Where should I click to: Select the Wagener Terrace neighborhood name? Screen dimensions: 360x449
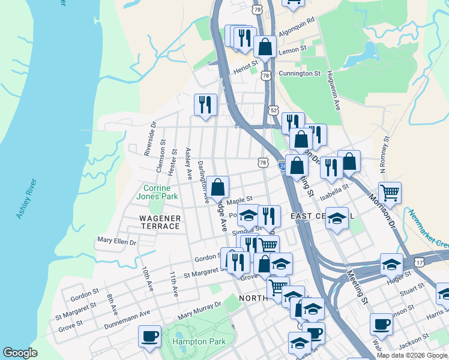pyautogui.click(x=160, y=222)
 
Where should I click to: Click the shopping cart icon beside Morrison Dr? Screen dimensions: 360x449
pyautogui.click(x=390, y=193)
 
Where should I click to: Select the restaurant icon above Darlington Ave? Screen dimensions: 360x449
pyautogui.click(x=205, y=104)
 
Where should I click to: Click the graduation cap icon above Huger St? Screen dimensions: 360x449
pyautogui.click(x=391, y=264)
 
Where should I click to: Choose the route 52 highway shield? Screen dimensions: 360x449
pyautogui.click(x=274, y=110)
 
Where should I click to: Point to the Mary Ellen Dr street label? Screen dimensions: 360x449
pyautogui.click(x=116, y=242)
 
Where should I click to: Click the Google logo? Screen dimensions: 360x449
pyautogui.click(x=20, y=353)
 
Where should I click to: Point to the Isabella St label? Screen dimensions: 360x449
pyautogui.click(x=334, y=191)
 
